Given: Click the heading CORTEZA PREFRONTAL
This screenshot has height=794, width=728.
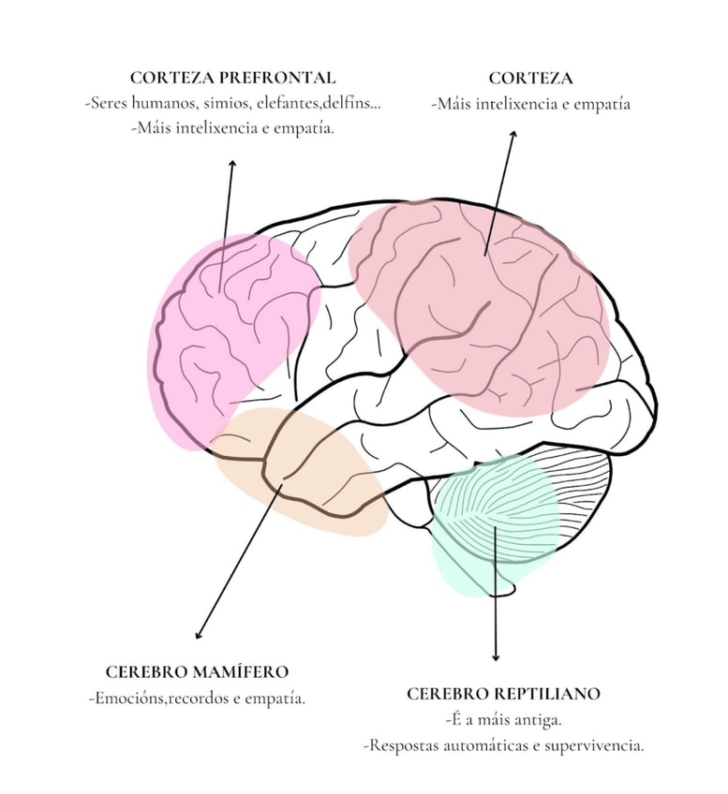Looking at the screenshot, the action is click(232, 78).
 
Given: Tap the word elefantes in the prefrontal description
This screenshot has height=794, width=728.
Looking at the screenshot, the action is click(290, 103).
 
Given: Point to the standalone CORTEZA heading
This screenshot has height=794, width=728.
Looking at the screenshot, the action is click(530, 78).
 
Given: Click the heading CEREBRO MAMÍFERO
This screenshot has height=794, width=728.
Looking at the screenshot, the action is click(197, 671).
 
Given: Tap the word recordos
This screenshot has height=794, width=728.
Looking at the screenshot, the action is click(196, 698).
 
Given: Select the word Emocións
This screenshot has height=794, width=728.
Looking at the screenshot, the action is click(130, 698).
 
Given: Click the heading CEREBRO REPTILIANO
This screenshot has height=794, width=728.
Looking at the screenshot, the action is click(503, 694).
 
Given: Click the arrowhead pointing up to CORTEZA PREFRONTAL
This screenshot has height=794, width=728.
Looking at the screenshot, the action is click(231, 164).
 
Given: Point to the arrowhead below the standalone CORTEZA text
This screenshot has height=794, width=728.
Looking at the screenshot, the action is click(513, 134).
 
